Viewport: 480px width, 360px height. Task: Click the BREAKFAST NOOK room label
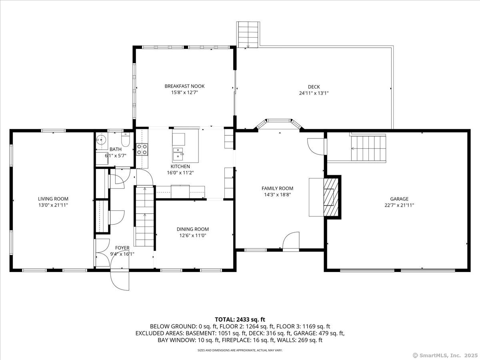point(184,86)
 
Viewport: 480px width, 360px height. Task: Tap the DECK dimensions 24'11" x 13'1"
point(314,93)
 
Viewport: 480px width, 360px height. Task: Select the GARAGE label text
point(399,199)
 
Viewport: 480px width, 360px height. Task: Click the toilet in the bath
point(126,139)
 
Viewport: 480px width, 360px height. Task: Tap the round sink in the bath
point(101,139)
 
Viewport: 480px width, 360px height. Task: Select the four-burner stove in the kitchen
point(142,149)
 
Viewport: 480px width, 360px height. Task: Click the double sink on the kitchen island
point(178,154)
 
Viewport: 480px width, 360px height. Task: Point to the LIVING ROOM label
point(53,199)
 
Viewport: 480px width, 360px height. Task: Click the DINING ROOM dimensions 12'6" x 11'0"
point(193,236)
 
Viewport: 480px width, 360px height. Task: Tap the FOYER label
point(122,248)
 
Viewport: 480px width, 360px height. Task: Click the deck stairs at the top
point(248,34)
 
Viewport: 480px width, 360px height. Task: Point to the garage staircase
point(368,148)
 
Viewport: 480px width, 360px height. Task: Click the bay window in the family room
point(279,124)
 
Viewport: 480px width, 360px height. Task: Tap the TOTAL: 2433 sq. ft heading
point(240,320)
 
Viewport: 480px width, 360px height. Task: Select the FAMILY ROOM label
point(277,188)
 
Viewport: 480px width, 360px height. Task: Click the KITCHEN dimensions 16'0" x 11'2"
point(180,173)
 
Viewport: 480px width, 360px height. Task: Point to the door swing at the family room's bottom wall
point(291,240)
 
